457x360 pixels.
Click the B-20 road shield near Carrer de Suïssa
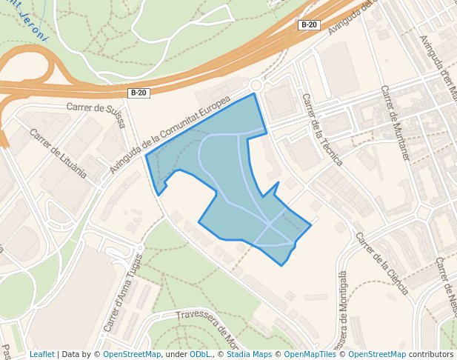pyautogui.click(x=139, y=93)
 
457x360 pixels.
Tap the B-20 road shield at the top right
pyautogui.click(x=309, y=25)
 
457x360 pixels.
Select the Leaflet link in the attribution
pyautogui.click(x=42, y=354)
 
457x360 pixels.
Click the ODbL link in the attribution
pyautogui.click(x=201, y=354)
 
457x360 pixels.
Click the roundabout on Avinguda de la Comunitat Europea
pyautogui.click(x=257, y=86)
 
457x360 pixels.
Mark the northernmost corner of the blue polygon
pyautogui.click(x=255, y=93)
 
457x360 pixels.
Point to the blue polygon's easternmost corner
pyautogui.click(x=310, y=225)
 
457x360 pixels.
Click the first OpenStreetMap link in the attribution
pyautogui.click(x=132, y=354)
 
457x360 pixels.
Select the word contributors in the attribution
pyautogui.click(x=431, y=354)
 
